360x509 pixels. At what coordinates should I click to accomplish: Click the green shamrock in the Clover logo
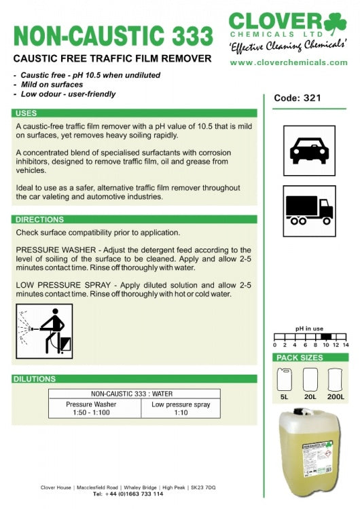coord(335,22)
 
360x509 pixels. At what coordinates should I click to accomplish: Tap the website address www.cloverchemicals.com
coord(289,62)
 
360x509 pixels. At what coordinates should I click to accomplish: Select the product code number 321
coord(312,98)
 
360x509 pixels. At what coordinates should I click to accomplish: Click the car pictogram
coord(309,151)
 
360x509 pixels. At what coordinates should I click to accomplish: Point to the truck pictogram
coord(309,211)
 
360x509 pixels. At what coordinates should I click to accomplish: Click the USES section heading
coord(26,113)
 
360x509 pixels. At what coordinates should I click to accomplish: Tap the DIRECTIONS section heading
coord(39,219)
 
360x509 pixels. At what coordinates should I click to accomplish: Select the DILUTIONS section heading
coord(35,379)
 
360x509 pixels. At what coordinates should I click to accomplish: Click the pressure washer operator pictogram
coord(44,331)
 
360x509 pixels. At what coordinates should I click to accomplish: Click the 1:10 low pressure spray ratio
coord(181,413)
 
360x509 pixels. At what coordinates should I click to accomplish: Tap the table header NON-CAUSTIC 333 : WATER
coord(132,394)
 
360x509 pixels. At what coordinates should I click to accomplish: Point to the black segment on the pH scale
coord(326,337)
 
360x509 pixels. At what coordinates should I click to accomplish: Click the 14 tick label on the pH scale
coord(346,345)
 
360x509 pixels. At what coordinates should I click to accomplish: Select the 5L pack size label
coord(285,397)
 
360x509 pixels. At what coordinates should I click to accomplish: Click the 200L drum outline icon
coord(335,379)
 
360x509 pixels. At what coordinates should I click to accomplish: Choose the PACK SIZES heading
coord(300,358)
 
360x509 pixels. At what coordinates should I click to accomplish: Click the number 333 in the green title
coord(192,35)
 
